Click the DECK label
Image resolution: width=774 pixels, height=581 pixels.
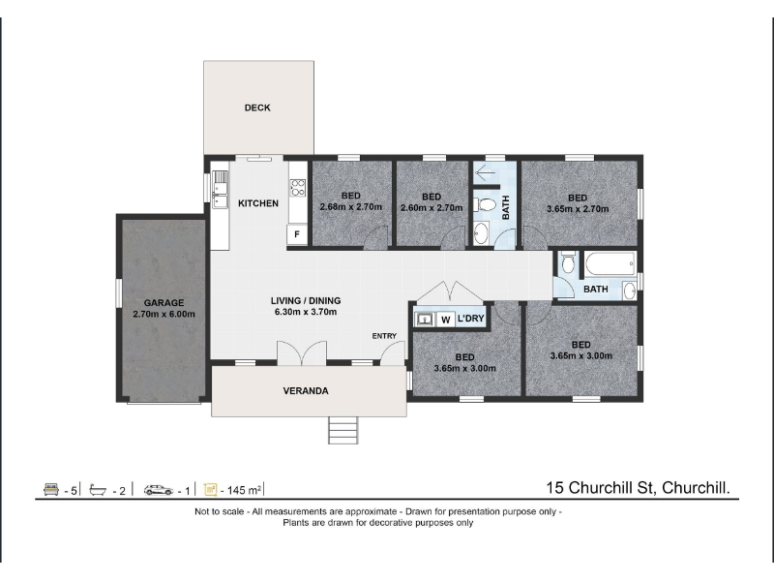pos(257,107)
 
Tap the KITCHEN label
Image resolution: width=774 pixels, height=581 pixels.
pos(258,203)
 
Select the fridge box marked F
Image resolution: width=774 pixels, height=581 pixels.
pos(297,234)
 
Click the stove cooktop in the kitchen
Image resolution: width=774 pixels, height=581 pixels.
pos(298,188)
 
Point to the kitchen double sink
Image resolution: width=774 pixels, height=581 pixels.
pos(221,189)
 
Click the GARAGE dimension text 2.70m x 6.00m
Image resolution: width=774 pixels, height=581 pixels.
pos(164,314)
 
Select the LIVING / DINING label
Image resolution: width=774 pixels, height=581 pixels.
pos(306,300)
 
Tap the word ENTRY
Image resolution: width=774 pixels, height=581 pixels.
pos(384,336)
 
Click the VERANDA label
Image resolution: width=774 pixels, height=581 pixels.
pos(306,391)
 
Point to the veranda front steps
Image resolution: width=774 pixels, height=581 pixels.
pos(343,430)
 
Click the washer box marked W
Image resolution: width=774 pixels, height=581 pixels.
pos(446,320)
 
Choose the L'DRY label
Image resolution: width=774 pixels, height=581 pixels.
pos(471,319)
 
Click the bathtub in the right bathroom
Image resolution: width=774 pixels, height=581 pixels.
pos(610,265)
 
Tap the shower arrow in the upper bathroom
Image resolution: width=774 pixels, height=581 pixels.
pos(485,174)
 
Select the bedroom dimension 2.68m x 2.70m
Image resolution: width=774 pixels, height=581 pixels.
pos(351,207)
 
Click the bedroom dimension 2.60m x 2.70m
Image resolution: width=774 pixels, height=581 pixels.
pos(432,208)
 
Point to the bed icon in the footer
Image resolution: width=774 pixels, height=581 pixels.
pos(51,490)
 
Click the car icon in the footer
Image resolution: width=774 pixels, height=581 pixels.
pos(159,490)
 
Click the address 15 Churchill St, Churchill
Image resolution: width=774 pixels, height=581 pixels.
pos(638,488)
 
